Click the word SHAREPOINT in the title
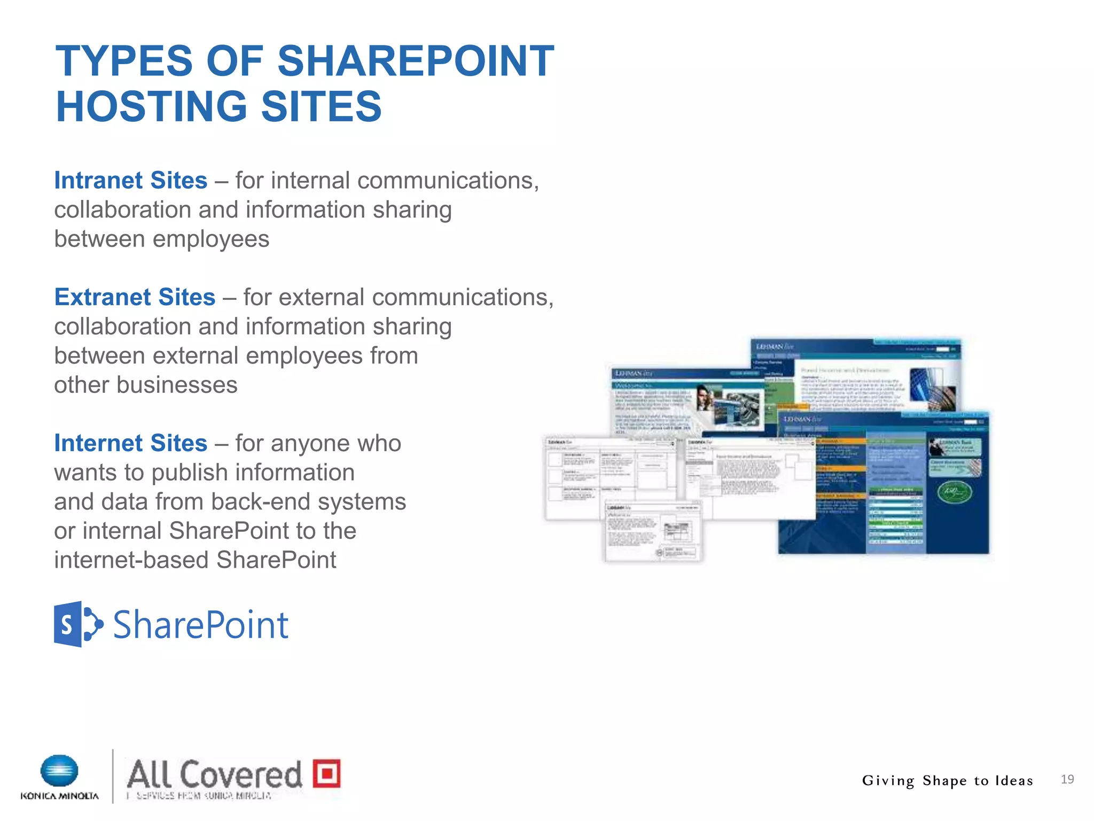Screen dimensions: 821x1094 [416, 61]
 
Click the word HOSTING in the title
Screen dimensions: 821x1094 [151, 106]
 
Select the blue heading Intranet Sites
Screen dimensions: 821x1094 [130, 181]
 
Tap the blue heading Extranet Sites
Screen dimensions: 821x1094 [135, 297]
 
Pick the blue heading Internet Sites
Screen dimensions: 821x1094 [130, 443]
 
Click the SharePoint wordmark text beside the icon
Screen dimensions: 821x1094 [200, 625]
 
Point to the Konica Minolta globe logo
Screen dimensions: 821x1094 [59, 771]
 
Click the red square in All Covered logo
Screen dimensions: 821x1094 [326, 773]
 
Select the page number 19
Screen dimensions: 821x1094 [1067, 779]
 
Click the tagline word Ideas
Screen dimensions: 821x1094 [1014, 781]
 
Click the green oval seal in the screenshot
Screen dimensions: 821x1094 [955, 492]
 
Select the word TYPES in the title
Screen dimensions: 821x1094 [124, 61]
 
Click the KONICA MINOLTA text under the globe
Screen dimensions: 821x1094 [59, 796]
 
